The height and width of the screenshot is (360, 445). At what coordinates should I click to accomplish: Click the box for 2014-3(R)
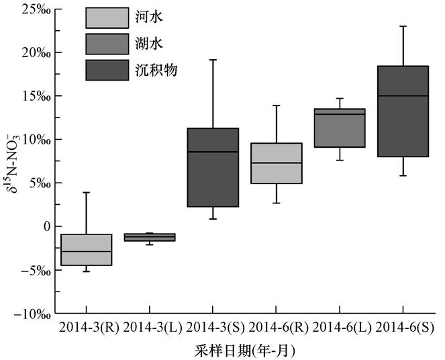point(86,250)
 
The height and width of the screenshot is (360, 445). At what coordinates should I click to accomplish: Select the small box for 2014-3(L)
point(149,237)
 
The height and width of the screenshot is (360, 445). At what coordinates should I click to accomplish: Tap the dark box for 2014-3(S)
point(213,167)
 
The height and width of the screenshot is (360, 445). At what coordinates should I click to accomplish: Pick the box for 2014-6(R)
point(276,163)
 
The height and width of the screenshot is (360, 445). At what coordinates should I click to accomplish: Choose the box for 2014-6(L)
point(340,128)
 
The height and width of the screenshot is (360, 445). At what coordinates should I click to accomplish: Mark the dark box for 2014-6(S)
point(403,111)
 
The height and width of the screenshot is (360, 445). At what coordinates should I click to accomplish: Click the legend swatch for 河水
point(107,18)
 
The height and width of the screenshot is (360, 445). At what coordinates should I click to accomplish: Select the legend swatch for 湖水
point(107,44)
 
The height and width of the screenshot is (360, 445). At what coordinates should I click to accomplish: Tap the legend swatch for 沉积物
point(107,70)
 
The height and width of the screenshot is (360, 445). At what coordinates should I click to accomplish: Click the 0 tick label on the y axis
point(46,227)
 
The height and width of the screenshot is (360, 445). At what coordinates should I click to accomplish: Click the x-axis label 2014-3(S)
point(212,328)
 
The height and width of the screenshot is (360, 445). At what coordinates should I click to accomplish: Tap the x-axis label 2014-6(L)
point(340,328)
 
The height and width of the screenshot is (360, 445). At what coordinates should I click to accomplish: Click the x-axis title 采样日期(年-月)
point(248,351)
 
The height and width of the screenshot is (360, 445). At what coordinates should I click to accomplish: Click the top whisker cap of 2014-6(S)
point(403,26)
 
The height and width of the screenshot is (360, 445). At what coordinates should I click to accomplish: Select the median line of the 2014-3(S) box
point(213,152)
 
